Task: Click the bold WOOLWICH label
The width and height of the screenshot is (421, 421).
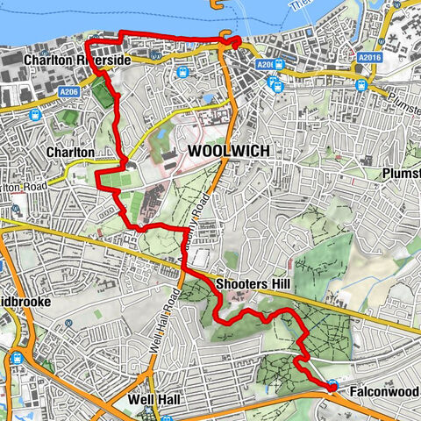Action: pyautogui.click(x=227, y=151)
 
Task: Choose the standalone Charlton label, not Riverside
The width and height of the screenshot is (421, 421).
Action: pyautogui.click(x=71, y=152)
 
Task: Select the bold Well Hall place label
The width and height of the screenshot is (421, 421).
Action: pyautogui.click(x=153, y=400)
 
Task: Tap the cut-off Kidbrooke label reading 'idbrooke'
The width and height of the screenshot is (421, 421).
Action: pyautogui.click(x=29, y=301)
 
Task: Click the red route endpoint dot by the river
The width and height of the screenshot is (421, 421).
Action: pyautogui.click(x=236, y=41)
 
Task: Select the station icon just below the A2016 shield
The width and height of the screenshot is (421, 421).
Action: pyautogui.click(x=361, y=84)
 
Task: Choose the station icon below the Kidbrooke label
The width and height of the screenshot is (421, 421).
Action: pyautogui.click(x=18, y=358)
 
